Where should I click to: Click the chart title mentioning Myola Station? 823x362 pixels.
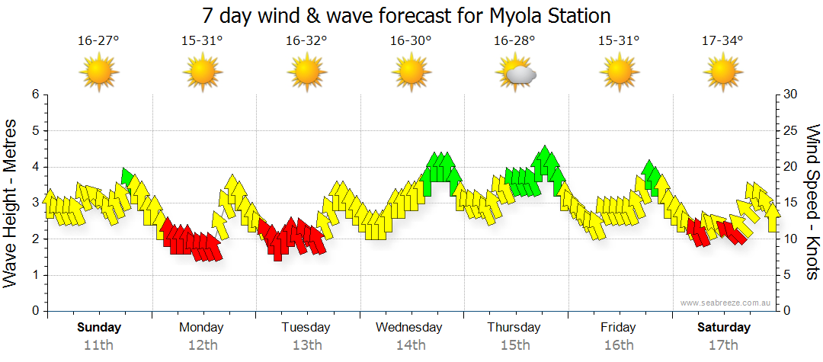407,15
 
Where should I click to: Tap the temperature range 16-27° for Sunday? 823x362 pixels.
98,41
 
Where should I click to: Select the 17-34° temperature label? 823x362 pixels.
722,41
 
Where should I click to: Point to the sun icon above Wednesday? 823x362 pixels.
411,73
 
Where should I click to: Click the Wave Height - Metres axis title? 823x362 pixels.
11,202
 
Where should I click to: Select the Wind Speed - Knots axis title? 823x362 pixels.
812,202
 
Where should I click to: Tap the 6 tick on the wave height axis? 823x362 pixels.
34,95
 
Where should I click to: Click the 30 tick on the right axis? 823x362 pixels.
792,95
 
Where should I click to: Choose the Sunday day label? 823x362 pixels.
99,328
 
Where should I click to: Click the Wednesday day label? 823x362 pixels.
409,328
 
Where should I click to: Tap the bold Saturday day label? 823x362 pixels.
724,328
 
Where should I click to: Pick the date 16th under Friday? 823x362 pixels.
618,344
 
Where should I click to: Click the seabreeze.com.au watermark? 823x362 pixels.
726,303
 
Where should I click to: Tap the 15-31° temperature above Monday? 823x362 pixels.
202,41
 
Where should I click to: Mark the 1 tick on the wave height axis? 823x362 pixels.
34,275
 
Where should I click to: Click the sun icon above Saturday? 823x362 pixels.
722,73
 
